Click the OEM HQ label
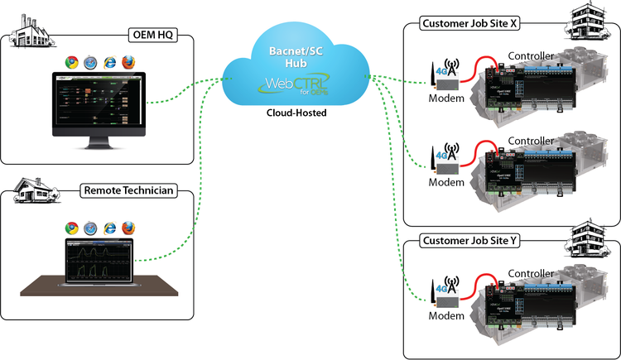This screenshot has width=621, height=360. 152,36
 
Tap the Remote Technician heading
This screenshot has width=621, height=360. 128,191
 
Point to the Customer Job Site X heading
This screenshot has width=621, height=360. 469,23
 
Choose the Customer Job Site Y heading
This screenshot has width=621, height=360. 469,241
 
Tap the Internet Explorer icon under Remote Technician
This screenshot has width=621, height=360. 108,228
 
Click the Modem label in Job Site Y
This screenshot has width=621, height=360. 447,314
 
